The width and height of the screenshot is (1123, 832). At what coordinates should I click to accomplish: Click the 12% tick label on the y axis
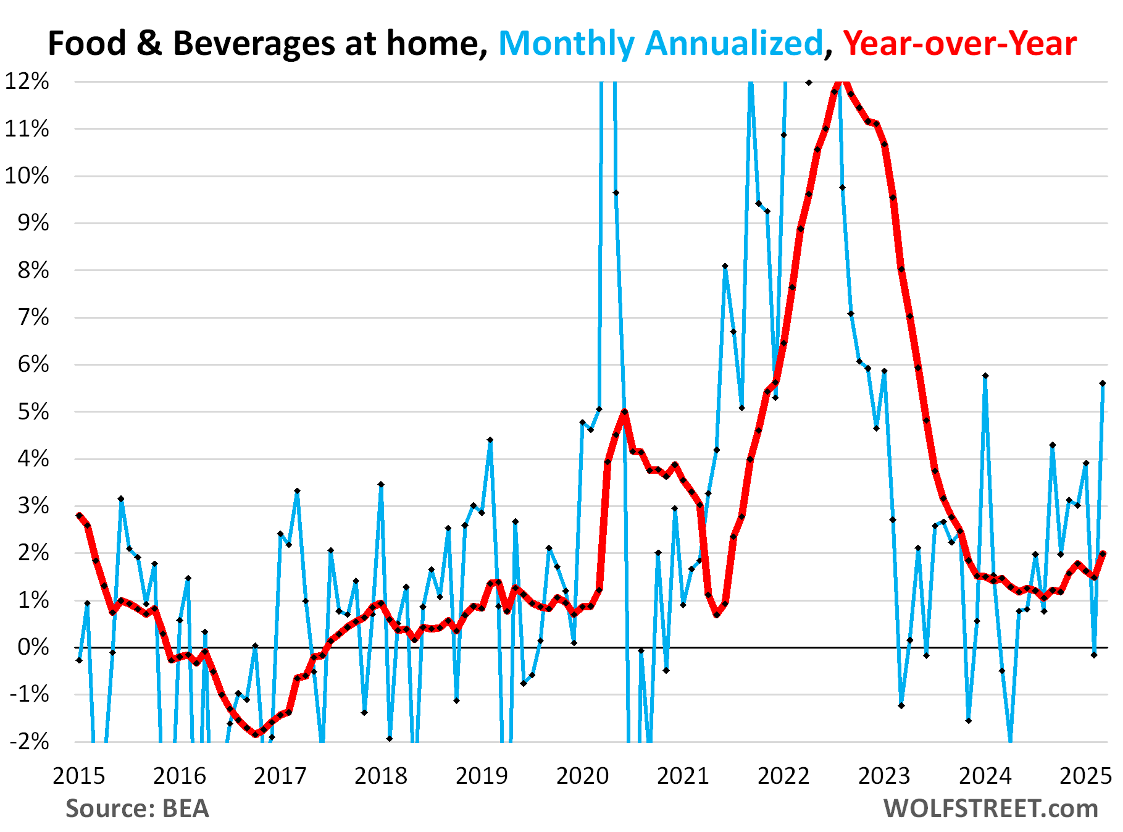pyautogui.click(x=27, y=81)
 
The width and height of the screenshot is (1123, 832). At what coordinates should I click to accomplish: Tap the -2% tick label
pyautogui.click(x=29, y=741)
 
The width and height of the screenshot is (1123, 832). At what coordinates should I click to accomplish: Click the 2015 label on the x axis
pyautogui.click(x=78, y=775)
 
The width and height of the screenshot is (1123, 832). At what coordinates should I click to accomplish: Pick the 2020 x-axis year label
pyautogui.click(x=582, y=775)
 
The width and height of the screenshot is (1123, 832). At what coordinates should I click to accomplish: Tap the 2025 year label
pyautogui.click(x=1085, y=775)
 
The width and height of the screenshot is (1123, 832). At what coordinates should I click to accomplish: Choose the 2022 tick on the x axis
pyautogui.click(x=783, y=775)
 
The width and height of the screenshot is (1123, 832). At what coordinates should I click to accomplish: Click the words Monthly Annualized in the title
pyautogui.click(x=661, y=44)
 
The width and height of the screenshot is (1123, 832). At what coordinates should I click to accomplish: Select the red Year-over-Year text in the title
pyautogui.click(x=959, y=44)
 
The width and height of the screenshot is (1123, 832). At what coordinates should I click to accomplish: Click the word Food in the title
pyautogui.click(x=87, y=44)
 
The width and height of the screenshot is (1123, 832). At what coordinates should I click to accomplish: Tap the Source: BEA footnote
pyautogui.click(x=137, y=809)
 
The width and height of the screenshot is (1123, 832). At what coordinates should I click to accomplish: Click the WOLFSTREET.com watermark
pyautogui.click(x=990, y=809)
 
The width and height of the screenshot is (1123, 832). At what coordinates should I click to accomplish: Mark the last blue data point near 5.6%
pyautogui.click(x=1102, y=383)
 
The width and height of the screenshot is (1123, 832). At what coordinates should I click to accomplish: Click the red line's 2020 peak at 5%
pyautogui.click(x=624, y=411)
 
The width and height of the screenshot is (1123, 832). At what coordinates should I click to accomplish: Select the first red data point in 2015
pyautogui.click(x=79, y=515)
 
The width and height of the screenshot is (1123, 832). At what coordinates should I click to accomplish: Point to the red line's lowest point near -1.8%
pyautogui.click(x=256, y=734)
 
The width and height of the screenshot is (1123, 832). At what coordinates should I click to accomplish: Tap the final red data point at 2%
pyautogui.click(x=1103, y=553)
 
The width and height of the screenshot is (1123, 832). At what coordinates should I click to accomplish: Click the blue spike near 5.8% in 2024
pyautogui.click(x=985, y=376)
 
